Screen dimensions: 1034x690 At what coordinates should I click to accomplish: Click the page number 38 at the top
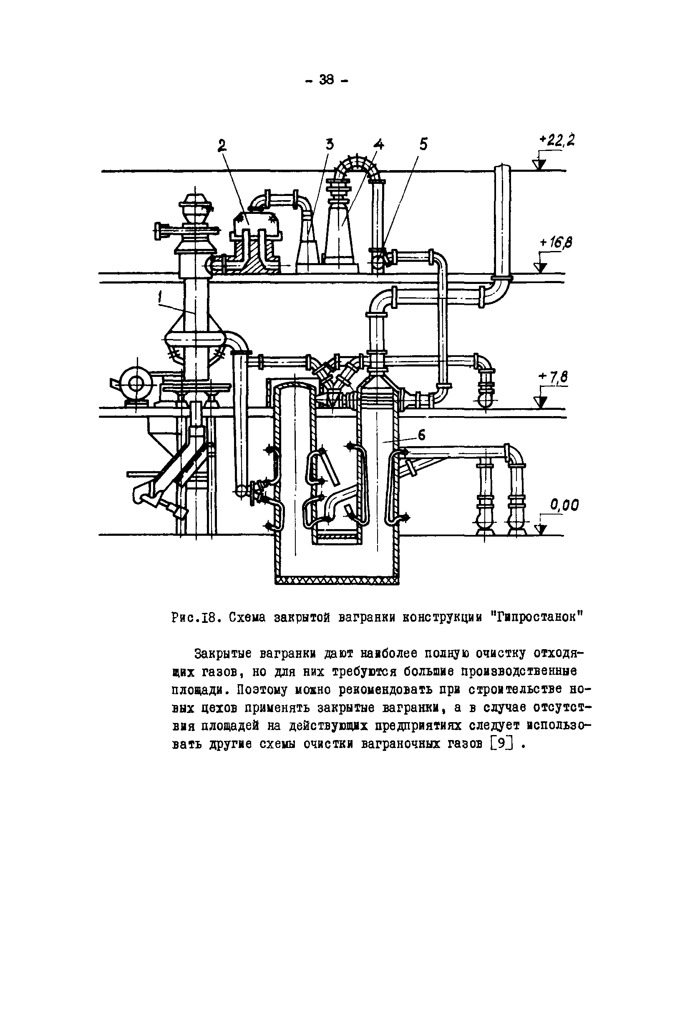327,80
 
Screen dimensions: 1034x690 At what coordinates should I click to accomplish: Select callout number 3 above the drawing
330,144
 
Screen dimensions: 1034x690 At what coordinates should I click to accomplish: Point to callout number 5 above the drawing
423,144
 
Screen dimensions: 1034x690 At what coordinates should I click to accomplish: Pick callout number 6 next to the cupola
422,435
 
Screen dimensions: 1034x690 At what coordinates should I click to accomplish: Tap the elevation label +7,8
554,376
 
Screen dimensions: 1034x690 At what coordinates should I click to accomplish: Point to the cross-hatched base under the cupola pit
337,581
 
